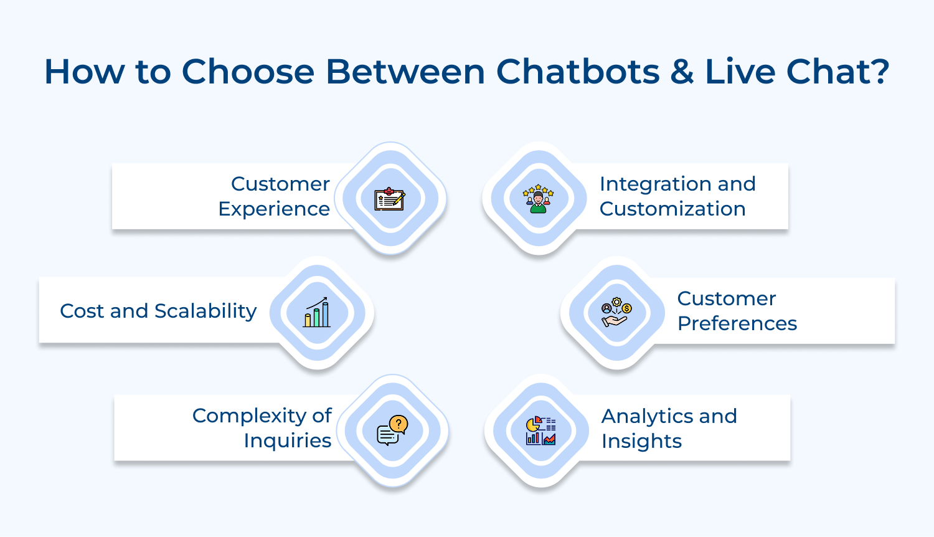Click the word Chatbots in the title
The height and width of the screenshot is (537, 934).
coord(577,72)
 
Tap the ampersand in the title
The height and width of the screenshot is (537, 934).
coord(682,72)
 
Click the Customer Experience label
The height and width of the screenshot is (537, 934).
coord(274,196)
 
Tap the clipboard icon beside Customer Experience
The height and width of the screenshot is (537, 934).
coord(390,199)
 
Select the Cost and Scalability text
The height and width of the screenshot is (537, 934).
coord(158,311)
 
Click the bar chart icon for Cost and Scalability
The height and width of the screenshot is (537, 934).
coord(317,313)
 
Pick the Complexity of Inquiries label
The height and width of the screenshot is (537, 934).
coord(262,428)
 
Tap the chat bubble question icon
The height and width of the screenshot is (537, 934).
coord(392,430)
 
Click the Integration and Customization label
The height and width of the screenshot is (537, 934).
coord(677,196)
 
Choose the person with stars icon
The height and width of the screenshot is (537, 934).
coord(539,199)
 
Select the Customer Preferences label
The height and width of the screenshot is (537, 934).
coord(737,311)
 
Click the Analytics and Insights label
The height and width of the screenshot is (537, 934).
coord(669,428)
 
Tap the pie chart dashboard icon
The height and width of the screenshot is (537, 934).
coord(540,430)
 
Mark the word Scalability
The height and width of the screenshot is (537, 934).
coord(205,311)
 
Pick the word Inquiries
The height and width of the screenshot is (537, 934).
coord(287,440)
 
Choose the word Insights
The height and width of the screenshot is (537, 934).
coord(641,441)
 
